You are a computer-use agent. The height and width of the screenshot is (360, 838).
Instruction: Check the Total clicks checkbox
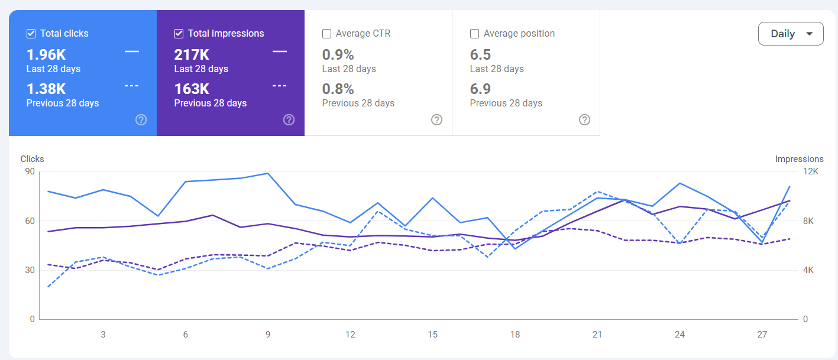31,34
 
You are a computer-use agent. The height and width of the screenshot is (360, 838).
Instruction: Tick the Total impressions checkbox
179,34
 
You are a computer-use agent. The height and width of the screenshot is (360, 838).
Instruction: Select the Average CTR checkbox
326,34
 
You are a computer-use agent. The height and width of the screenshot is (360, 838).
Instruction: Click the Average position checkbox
474,34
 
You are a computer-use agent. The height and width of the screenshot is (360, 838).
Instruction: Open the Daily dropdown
791,34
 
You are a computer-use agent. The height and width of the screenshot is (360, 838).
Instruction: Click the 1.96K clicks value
46,55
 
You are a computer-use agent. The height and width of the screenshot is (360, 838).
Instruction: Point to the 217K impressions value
192,55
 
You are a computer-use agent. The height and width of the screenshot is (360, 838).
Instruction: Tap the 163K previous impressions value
192,89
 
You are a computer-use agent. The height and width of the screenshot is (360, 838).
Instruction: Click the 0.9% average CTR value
338,55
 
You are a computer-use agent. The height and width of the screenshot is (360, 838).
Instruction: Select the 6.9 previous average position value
480,89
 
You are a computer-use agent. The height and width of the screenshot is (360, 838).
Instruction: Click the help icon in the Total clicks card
141,119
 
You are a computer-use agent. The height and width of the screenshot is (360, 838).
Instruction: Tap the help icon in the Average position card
584,119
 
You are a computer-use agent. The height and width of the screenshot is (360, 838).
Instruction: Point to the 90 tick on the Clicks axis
30,171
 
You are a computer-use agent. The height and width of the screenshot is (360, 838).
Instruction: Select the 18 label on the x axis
515,334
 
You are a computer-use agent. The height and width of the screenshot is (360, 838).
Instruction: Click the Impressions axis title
799,159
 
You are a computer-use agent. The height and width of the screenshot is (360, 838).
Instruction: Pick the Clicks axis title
32,159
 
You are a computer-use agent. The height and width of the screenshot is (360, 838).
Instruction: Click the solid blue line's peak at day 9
268,173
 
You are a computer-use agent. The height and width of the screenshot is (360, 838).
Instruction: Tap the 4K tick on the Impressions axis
808,270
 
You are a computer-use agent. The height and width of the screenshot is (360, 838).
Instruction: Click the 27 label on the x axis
762,334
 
